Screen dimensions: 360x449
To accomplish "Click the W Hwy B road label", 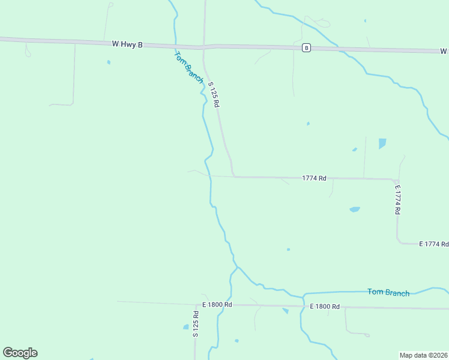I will [127, 44].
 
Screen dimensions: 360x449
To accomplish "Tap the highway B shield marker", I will [306, 48].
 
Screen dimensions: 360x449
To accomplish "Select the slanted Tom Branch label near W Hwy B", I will [189, 67].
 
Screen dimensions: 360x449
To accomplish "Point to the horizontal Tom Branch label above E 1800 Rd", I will [388, 292].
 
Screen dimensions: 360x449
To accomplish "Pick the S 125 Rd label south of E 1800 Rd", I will [196, 324].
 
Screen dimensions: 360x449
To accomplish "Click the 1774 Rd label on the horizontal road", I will [314, 178].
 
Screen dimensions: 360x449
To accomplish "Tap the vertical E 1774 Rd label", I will [397, 200].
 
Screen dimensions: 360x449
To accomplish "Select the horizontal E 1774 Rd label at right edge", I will [433, 244].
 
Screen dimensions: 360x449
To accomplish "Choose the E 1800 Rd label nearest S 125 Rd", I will [217, 305].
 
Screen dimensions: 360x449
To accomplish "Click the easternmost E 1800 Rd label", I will [325, 307].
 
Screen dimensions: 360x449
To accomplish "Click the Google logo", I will [20, 353].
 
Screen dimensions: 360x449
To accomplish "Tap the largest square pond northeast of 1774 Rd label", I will [382, 143].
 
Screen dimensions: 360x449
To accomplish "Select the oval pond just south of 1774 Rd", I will [355, 209].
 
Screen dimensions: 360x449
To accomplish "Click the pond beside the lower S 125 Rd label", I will [185, 327].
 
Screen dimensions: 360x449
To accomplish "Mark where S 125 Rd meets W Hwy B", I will [205, 46].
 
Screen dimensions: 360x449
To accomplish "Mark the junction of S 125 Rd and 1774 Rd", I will [234, 176].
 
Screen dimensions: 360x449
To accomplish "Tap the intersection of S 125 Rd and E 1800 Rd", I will [196, 305].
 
